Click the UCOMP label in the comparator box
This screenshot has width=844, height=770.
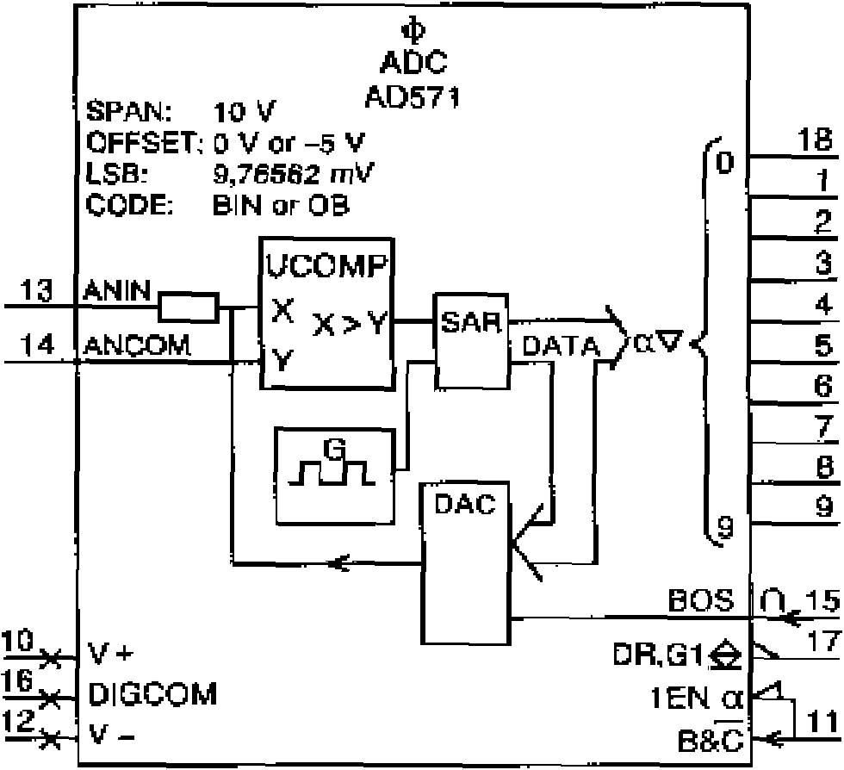coord(327,265)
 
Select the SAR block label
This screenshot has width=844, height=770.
coord(471,322)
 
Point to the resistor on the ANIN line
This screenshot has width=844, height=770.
coord(189,307)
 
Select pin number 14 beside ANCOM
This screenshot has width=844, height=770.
coord(36,344)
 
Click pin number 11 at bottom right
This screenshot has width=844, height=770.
coord(822,721)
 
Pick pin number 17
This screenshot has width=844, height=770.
coord(823,641)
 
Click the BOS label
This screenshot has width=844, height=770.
coord(701,599)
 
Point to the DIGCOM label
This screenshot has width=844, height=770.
coord(153,693)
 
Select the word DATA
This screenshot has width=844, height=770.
coord(561,345)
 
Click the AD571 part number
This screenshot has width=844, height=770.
coord(413,97)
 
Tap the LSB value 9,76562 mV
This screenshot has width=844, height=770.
coord(294,173)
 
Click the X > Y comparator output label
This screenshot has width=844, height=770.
coord(350,324)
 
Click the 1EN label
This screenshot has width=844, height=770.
coord(680,699)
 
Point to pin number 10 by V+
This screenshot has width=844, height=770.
coord(18,642)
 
